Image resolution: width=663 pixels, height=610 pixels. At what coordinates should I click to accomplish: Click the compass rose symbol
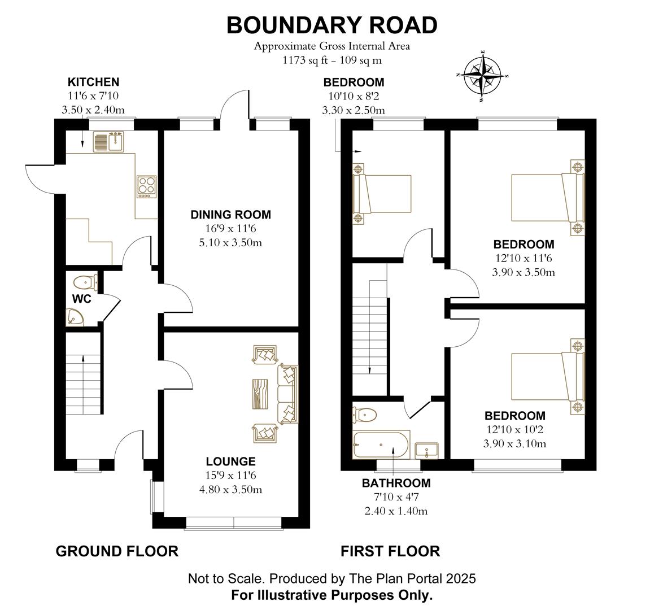pyautogui.click(x=483, y=76)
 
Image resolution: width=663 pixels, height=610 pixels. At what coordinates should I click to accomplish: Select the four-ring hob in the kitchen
pyautogui.click(x=146, y=187)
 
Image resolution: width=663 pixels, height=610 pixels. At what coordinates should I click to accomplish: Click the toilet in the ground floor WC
pyautogui.click(x=85, y=281)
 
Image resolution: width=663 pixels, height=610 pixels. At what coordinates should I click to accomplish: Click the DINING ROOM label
pyautogui.click(x=230, y=215)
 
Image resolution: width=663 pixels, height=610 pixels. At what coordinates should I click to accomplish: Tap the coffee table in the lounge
pyautogui.click(x=260, y=394)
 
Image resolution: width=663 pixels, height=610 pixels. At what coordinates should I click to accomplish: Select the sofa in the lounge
pyautogui.click(x=288, y=394)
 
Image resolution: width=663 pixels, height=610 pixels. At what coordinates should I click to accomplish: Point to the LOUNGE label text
pyautogui.click(x=230, y=461)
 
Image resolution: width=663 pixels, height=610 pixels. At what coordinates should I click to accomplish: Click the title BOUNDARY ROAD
pyautogui.click(x=332, y=25)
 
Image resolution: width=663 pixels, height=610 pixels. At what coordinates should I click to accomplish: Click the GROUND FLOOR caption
pyautogui.click(x=117, y=551)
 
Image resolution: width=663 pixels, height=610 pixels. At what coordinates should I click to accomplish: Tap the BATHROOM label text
pyautogui.click(x=396, y=483)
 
